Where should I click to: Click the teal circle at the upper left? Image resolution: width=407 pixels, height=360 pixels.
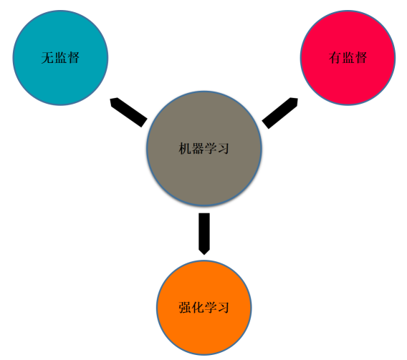click(x=60, y=58)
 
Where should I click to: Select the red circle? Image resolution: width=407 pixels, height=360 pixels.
click(x=348, y=58)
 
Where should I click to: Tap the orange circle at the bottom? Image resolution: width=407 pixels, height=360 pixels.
click(x=204, y=307)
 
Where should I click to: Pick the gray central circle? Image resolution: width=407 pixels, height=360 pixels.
click(x=204, y=149)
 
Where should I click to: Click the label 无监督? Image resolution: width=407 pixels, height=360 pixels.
click(x=60, y=57)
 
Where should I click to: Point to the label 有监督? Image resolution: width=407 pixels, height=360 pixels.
click(x=348, y=57)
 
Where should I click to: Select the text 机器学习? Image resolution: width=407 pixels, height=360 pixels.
click(x=203, y=149)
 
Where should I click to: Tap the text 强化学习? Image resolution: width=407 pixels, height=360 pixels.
click(x=203, y=308)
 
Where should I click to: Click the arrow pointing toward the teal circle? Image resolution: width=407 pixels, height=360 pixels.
click(x=129, y=112)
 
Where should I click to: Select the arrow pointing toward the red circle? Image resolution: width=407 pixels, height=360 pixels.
click(x=279, y=113)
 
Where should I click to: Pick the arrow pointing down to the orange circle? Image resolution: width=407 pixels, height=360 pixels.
click(x=204, y=234)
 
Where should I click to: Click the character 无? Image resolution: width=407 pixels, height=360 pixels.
click(x=47, y=57)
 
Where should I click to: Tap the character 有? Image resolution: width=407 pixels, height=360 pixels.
click(x=335, y=57)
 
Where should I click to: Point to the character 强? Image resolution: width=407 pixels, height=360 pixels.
click(x=185, y=308)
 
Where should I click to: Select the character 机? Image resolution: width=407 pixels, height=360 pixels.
click(x=185, y=149)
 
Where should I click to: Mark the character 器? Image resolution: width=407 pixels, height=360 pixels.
click(x=198, y=149)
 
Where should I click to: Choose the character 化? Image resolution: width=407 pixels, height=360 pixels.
click(x=198, y=308)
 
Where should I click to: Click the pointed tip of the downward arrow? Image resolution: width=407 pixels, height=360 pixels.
click(x=204, y=255)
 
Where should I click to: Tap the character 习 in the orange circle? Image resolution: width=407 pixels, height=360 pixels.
click(x=224, y=308)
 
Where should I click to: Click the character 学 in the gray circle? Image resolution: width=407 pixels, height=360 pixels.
click(x=210, y=149)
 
